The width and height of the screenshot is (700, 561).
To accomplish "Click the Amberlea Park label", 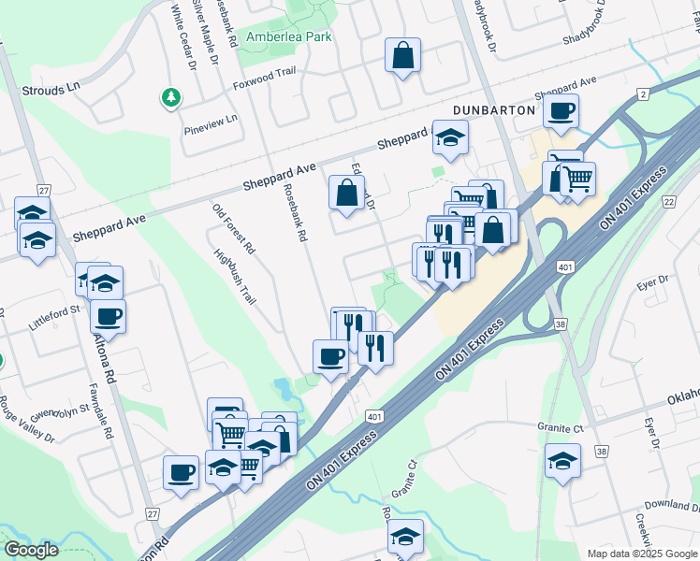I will pos(289,37).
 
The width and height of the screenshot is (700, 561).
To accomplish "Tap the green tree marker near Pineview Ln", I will pos(170,97).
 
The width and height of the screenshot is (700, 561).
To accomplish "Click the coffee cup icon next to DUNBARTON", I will pos(561,111).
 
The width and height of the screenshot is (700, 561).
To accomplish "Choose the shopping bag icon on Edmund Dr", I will pos(346,194).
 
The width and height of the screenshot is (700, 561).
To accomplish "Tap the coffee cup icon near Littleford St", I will pos(108,316).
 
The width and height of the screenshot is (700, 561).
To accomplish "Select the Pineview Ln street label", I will pos(211,124).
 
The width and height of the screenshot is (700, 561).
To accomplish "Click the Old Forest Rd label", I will pos(234,229).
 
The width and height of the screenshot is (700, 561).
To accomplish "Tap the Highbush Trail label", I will pos(234,277).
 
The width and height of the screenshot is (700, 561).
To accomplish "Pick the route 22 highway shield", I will pos(668,202).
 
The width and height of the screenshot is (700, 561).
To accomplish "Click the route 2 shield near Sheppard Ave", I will pos(643,94).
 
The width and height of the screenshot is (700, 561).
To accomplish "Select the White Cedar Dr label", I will pos(182,37).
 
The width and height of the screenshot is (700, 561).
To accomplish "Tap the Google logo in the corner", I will pos(32,550).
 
